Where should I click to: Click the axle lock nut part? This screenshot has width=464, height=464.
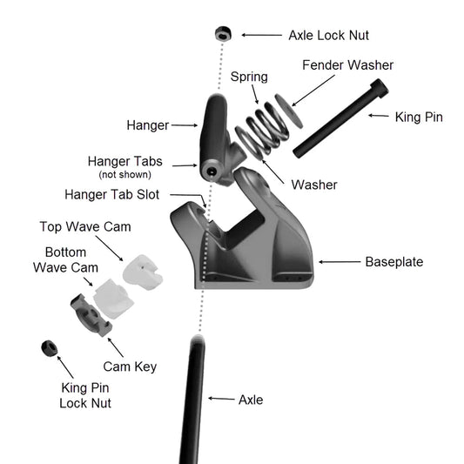(223, 34)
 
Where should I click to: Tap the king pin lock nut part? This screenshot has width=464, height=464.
(50, 348)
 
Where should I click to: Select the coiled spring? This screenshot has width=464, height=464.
(262, 129)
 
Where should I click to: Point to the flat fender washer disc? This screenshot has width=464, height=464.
(289, 111)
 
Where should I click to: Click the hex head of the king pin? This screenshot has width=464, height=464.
(379, 88)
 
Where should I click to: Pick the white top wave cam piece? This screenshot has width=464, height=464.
(143, 272)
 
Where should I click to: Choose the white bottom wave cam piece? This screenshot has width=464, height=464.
(113, 299)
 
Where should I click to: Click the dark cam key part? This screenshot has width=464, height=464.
(91, 315)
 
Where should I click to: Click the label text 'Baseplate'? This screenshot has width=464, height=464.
(393, 262)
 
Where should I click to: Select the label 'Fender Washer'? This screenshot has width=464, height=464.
(347, 65)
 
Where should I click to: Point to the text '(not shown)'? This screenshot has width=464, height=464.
(124, 174)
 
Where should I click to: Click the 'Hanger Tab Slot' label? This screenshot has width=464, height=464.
(111, 194)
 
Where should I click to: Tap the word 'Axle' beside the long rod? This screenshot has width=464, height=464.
(251, 400)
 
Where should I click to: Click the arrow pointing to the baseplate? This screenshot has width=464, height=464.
(340, 262)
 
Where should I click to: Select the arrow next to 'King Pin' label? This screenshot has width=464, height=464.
(379, 116)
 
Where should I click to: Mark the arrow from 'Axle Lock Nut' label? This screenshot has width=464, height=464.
(261, 35)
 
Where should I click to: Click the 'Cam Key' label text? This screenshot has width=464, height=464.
(130, 366)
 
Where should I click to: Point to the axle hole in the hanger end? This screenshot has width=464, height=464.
(211, 171)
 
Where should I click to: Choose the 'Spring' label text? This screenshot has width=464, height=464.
(249, 77)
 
